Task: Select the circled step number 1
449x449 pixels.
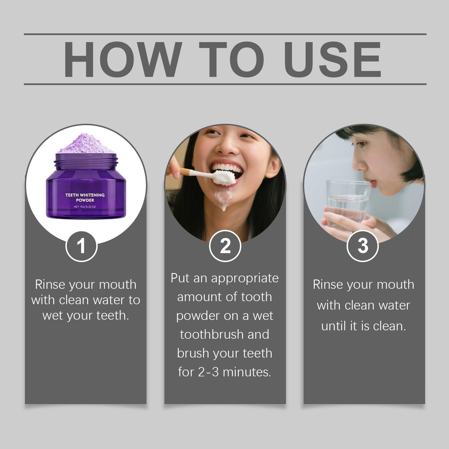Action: (81, 246)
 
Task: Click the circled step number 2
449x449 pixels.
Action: (225, 246)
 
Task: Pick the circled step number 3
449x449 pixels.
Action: (363, 246)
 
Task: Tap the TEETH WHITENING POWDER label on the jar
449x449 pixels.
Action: (85, 198)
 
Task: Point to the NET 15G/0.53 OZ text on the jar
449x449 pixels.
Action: (85, 207)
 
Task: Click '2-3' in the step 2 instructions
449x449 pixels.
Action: (208, 372)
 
